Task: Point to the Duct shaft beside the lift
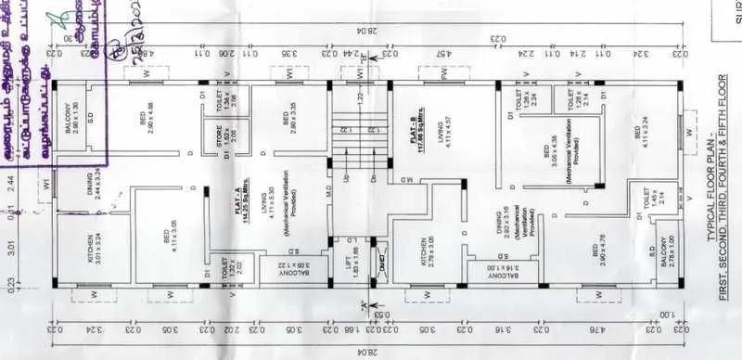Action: (x=381, y=261)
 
